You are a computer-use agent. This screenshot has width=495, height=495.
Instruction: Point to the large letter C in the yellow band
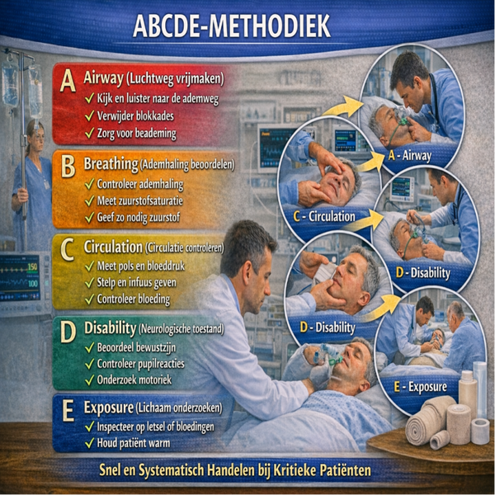pyautogui.click(x=68, y=248)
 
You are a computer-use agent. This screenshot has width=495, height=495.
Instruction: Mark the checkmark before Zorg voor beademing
pyautogui.click(x=89, y=133)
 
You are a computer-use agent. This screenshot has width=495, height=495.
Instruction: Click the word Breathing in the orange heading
pyautogui.click(x=111, y=164)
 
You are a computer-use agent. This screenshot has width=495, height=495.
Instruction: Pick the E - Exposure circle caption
pyautogui.click(x=417, y=385)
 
